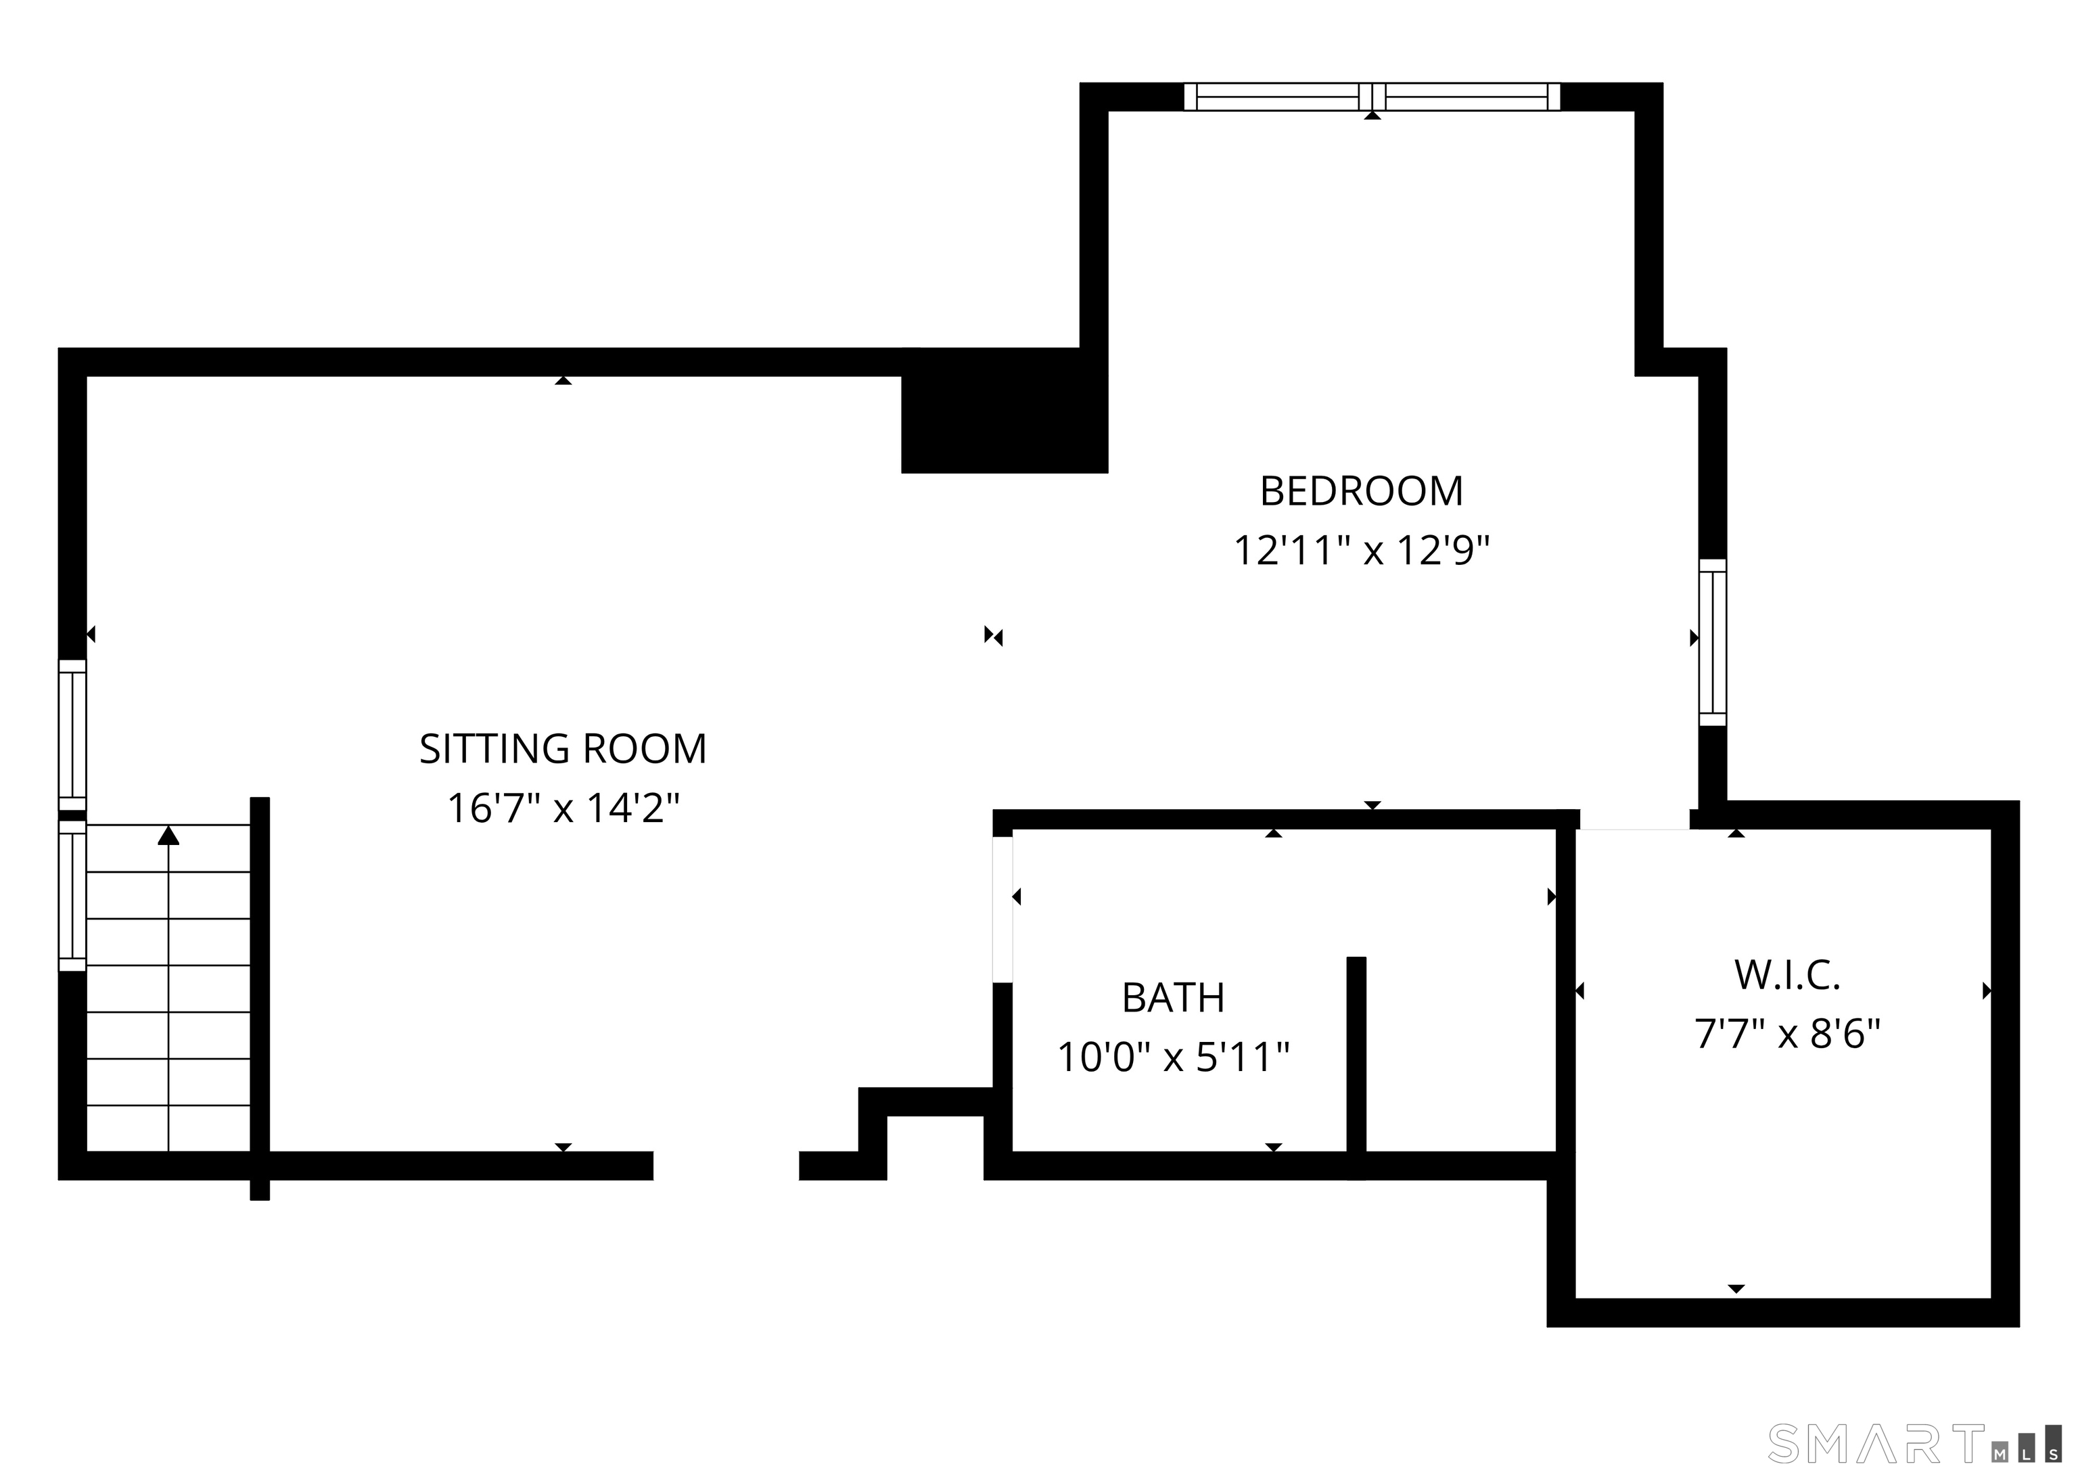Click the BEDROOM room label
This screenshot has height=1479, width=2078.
(x=1362, y=492)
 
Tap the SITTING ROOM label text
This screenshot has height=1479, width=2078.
(x=563, y=750)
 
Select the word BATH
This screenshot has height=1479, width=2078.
(x=1173, y=998)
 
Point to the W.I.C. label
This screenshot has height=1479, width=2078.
(x=1786, y=976)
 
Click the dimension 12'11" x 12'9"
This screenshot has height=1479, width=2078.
(x=1362, y=551)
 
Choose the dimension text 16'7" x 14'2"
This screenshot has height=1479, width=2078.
(x=563, y=809)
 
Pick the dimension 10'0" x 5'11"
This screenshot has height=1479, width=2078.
(x=1173, y=1058)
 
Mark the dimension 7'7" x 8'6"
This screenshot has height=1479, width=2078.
(x=1786, y=1034)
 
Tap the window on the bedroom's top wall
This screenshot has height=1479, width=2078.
(x=1372, y=97)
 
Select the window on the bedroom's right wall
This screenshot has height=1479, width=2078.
(x=1713, y=642)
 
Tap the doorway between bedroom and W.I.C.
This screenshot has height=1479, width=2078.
(x=1634, y=819)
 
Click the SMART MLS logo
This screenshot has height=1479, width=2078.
(x=1915, y=1444)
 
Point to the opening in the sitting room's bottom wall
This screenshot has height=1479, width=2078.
(x=726, y=1166)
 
